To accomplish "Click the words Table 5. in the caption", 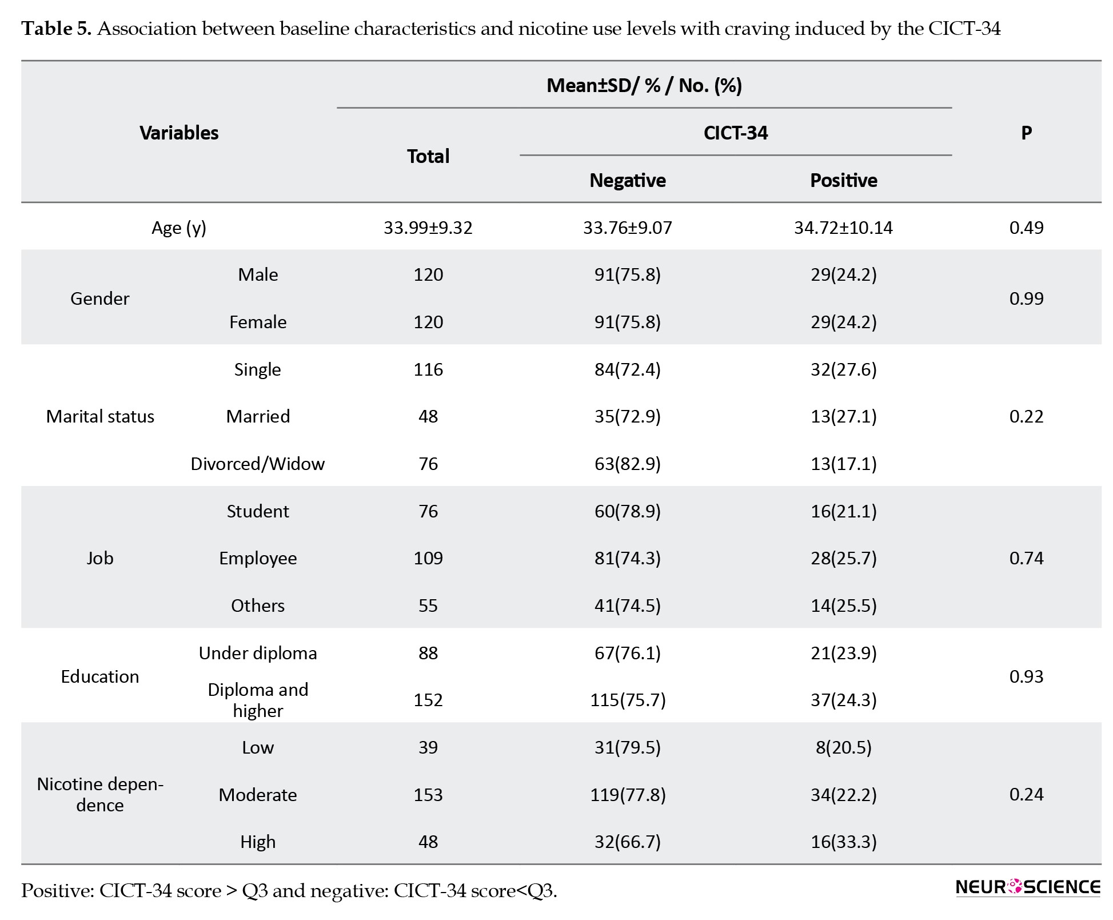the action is coord(57,29).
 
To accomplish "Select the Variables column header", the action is coord(179,133).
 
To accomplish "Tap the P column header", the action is coord(1026,133).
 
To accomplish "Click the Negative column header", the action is coord(628,180).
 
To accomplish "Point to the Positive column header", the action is coord(843,180).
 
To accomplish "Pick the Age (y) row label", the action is coord(179,228).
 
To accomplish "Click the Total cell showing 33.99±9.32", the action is coord(428,228).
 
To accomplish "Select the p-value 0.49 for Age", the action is coord(1026,228).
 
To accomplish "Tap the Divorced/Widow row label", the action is coord(258,464).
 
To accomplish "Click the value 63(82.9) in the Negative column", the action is coord(628,464).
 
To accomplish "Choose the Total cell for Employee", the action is coord(428,558).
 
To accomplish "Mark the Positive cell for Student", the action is coord(843,511).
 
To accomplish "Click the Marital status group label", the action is coord(100,416).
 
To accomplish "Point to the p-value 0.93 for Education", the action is coord(1026,676).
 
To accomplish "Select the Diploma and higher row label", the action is coord(258,700).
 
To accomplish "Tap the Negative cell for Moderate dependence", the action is coord(628,795).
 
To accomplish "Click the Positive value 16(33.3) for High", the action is coord(843,842).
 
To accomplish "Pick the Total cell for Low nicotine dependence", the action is coord(428,747).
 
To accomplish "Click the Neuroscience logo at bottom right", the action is coord(1027,887).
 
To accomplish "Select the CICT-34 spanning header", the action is coord(736,133).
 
